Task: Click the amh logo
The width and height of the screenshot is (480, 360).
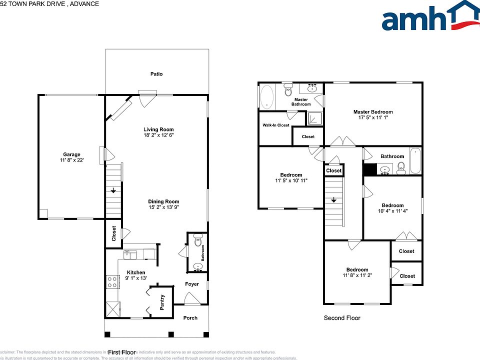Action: click(x=430, y=17)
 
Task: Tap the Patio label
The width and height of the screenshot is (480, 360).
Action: click(x=156, y=74)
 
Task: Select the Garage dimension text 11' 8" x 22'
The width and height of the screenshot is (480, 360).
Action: click(x=71, y=161)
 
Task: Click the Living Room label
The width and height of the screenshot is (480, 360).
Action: click(x=158, y=129)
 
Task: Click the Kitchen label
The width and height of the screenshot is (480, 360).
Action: click(x=136, y=272)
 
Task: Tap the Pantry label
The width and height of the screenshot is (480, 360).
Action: click(x=162, y=302)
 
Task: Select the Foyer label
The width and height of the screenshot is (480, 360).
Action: click(x=191, y=284)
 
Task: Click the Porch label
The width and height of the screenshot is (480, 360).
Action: click(x=190, y=318)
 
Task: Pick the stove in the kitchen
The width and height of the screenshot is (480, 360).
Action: click(x=112, y=282)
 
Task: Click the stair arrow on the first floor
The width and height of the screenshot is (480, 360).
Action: click(x=114, y=190)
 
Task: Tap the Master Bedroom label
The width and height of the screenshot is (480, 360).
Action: click(x=373, y=112)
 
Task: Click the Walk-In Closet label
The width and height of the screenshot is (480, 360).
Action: click(x=275, y=125)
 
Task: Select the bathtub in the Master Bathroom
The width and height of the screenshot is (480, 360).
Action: click(x=267, y=96)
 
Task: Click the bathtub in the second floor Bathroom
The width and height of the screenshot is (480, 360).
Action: click(x=415, y=161)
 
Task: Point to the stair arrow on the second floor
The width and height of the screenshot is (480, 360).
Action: click(x=333, y=200)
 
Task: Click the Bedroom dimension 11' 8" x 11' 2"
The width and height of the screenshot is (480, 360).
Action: click(x=357, y=275)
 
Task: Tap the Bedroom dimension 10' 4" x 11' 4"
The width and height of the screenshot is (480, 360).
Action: click(x=392, y=211)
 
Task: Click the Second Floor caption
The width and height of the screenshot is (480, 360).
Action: click(x=342, y=318)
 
